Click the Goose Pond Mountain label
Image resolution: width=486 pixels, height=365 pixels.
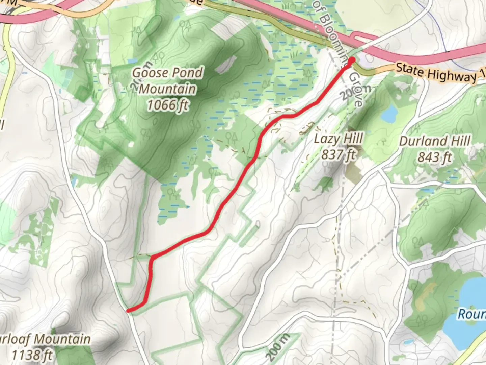(167, 80)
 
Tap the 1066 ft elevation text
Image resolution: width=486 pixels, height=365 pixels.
(167, 105)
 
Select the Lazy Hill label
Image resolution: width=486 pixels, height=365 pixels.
(339, 139)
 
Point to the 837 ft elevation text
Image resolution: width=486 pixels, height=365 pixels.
(339, 155)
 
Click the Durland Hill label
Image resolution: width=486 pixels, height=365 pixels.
(435, 141)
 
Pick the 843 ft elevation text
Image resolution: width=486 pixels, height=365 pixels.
(435, 157)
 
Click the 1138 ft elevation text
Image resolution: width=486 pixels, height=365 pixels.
(32, 355)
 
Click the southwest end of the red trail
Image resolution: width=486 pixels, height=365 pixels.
(128, 310)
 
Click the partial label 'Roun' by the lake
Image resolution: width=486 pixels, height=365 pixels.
(471, 314)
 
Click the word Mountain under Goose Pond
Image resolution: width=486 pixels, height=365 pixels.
(167, 89)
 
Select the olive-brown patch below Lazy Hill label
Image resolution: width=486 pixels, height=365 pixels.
(354, 172)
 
